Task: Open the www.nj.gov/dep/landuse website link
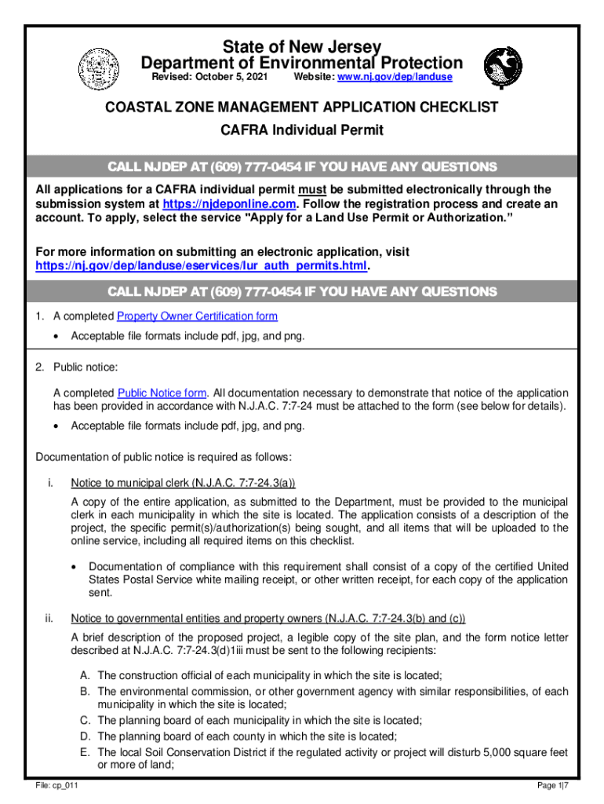(x=391, y=78)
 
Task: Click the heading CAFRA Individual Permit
(x=302, y=130)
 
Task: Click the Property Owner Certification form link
(x=197, y=316)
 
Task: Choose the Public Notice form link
(x=162, y=393)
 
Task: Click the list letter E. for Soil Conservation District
(x=84, y=752)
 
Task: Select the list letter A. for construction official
(x=85, y=675)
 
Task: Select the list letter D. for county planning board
(x=85, y=736)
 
